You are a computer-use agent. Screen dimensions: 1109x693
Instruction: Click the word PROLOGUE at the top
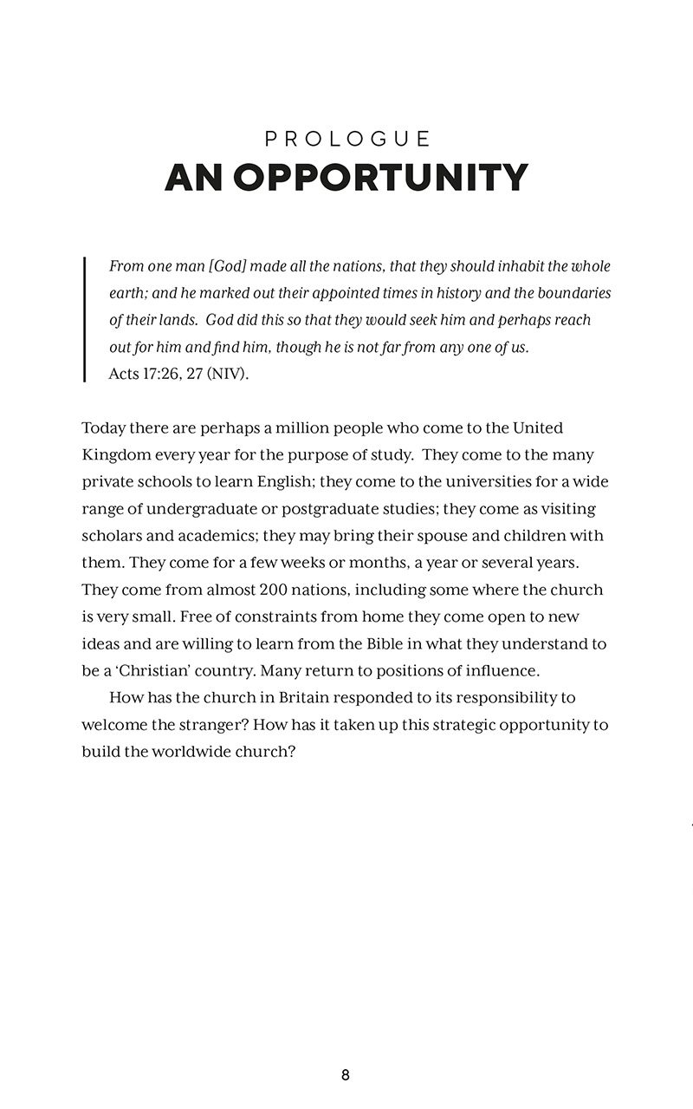point(346,139)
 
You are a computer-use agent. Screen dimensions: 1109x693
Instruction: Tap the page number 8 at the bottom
point(346,1075)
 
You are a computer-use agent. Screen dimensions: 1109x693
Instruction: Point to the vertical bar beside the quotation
point(84,319)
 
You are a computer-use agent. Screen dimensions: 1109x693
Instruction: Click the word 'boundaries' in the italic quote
point(575,293)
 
